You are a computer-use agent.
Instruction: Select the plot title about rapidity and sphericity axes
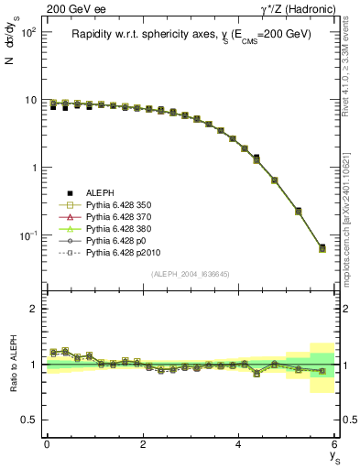(191, 34)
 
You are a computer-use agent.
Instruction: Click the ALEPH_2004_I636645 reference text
(191, 274)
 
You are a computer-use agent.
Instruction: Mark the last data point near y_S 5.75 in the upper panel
(322, 248)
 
